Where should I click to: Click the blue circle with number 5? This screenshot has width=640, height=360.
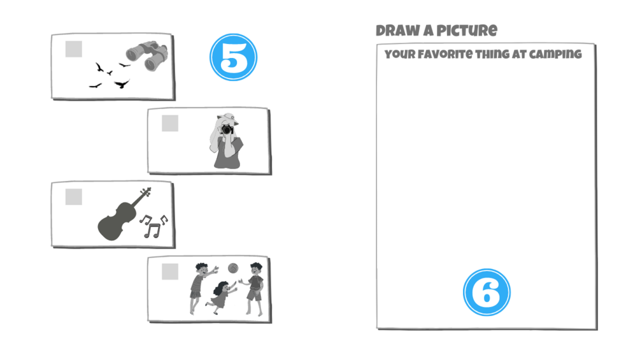tap(234, 57)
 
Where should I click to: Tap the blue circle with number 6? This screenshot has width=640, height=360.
tap(487, 292)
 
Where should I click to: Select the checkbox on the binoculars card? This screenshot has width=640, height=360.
tap(73, 49)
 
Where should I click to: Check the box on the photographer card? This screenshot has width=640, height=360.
tap(170, 123)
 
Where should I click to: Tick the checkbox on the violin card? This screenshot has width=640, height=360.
tap(73, 197)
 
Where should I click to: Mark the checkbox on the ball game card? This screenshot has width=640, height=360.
tap(170, 271)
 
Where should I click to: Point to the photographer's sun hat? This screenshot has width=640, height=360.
tap(228, 119)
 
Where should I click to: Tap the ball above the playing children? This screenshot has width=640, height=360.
tap(233, 268)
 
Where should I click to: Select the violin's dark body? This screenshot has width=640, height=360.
tap(117, 221)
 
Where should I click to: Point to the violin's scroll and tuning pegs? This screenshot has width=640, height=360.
tap(146, 192)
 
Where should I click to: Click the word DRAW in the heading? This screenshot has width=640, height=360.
tap(398, 31)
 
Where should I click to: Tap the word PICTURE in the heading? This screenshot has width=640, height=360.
tap(467, 31)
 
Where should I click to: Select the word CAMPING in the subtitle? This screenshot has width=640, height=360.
tap(555, 54)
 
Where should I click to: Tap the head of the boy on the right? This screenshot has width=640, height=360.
tap(256, 269)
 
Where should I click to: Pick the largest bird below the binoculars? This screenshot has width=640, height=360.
tap(122, 83)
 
